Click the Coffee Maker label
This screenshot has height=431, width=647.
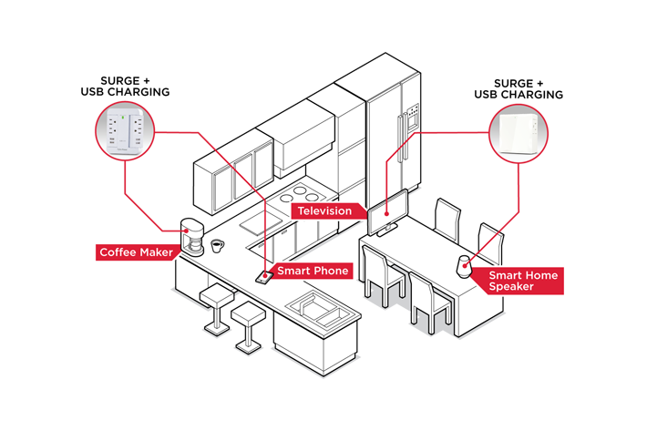coord(135,251)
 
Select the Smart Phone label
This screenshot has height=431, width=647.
coord(312,271)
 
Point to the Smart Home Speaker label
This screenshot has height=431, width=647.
coord(523,281)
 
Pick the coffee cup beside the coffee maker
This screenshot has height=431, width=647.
coord(218,245)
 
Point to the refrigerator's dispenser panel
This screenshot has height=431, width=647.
coord(412,118)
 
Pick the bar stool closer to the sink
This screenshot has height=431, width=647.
coord(247,319)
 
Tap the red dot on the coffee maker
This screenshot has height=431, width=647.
coord(188,231)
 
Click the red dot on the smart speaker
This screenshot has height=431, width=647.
coord(465,267)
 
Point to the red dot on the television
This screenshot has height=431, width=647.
coord(389,216)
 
